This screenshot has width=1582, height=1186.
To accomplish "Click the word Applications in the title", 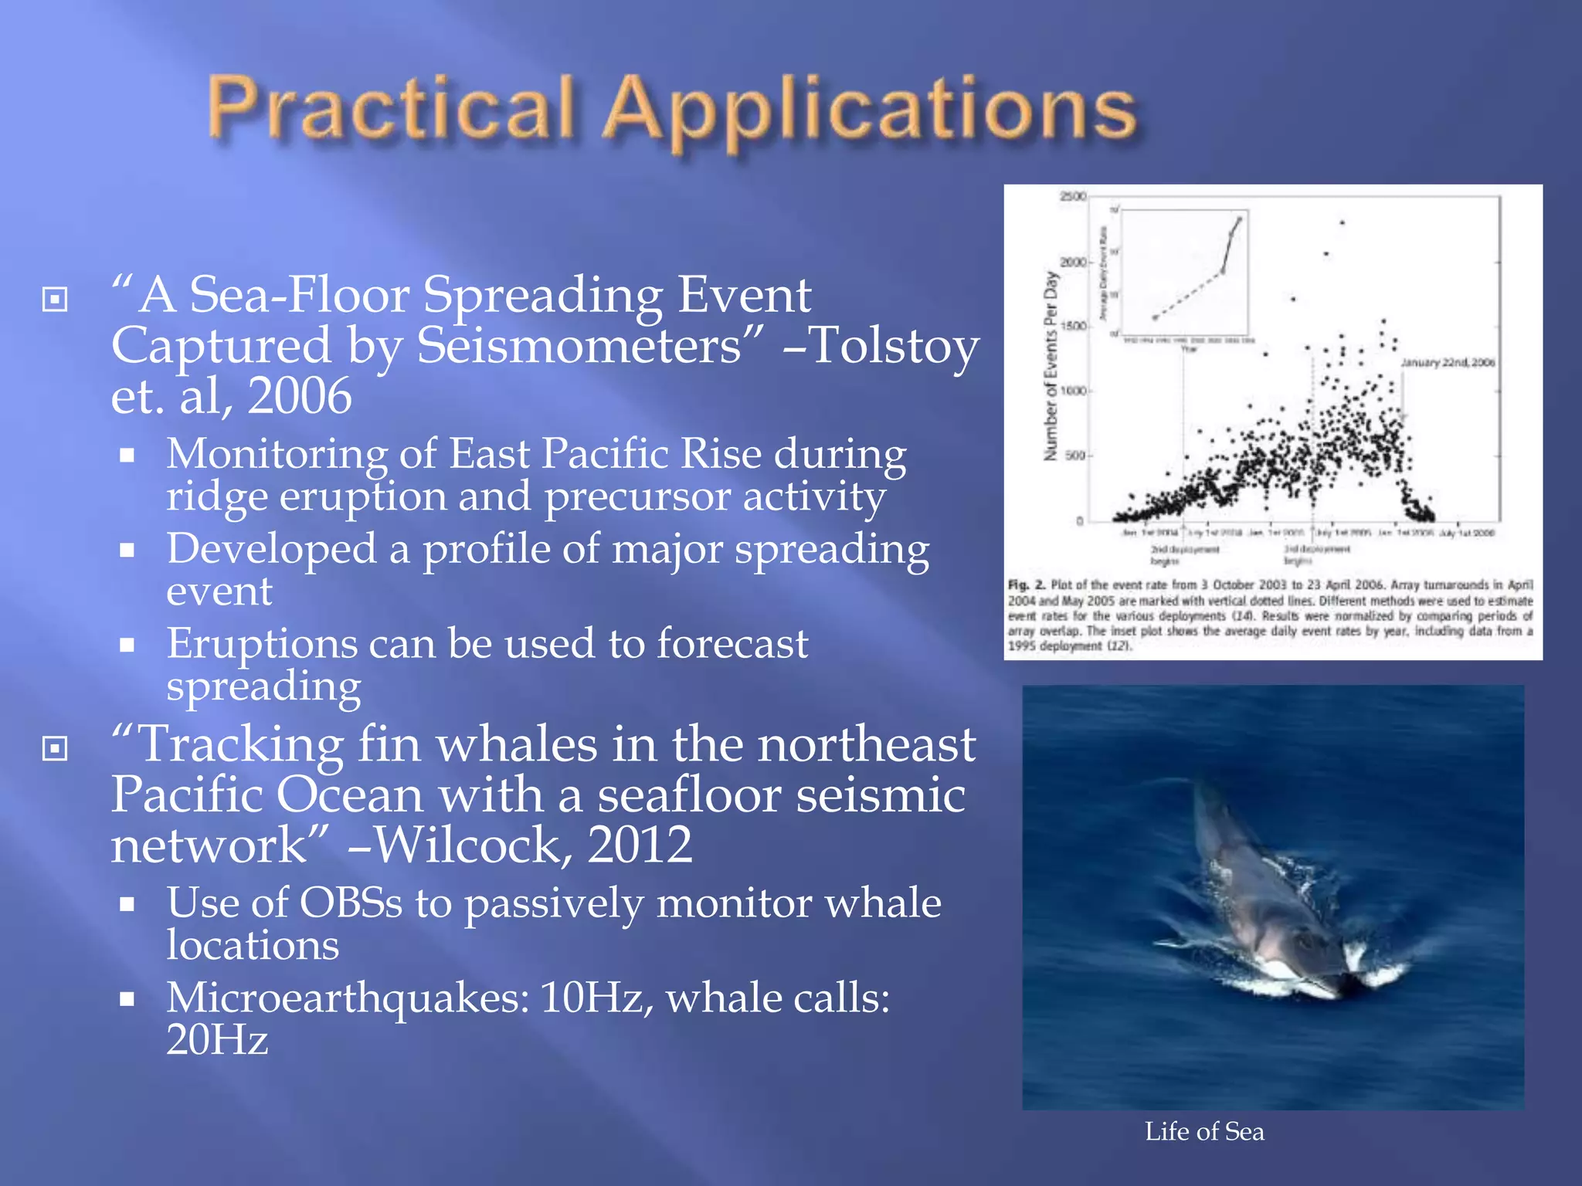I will (869, 112).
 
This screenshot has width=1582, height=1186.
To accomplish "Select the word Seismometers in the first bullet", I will (579, 345).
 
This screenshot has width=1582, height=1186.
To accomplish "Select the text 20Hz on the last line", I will (217, 1039).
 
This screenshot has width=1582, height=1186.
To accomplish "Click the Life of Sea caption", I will (1204, 1131).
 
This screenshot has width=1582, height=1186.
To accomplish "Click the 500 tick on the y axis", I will (1075, 456).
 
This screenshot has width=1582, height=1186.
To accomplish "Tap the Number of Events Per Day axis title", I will (1050, 367).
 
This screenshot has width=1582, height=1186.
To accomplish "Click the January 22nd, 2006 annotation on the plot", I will (1448, 362).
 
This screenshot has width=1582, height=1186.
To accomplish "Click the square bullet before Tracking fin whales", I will (55, 747).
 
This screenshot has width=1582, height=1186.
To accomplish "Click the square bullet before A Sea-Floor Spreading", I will (55, 299).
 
